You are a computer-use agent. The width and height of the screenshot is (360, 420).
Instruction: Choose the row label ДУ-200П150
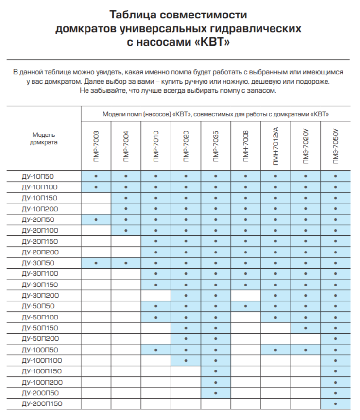[x=42, y=404]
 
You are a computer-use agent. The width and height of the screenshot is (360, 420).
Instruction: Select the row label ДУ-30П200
[x=41, y=295]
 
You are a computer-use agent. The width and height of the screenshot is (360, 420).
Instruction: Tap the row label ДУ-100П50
[x=41, y=350]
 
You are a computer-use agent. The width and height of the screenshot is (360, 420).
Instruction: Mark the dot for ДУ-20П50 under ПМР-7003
[x=96, y=219]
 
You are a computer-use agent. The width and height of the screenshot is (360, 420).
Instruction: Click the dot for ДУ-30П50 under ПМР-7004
[x=126, y=263]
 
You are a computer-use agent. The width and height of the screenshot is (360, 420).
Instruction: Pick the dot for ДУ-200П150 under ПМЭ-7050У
[x=335, y=404]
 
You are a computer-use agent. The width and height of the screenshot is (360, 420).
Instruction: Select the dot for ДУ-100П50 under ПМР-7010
[x=156, y=350]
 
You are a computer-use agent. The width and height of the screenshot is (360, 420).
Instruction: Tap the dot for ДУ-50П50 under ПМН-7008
[x=246, y=306]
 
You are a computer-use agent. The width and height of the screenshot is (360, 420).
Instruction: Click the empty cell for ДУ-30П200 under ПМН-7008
[x=246, y=295]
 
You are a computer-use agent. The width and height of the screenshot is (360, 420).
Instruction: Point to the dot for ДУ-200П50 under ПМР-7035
[x=216, y=393]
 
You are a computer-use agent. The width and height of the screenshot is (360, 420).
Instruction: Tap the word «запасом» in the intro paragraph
[x=262, y=91]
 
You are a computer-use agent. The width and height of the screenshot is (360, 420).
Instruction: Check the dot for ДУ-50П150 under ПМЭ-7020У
[x=306, y=328]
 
